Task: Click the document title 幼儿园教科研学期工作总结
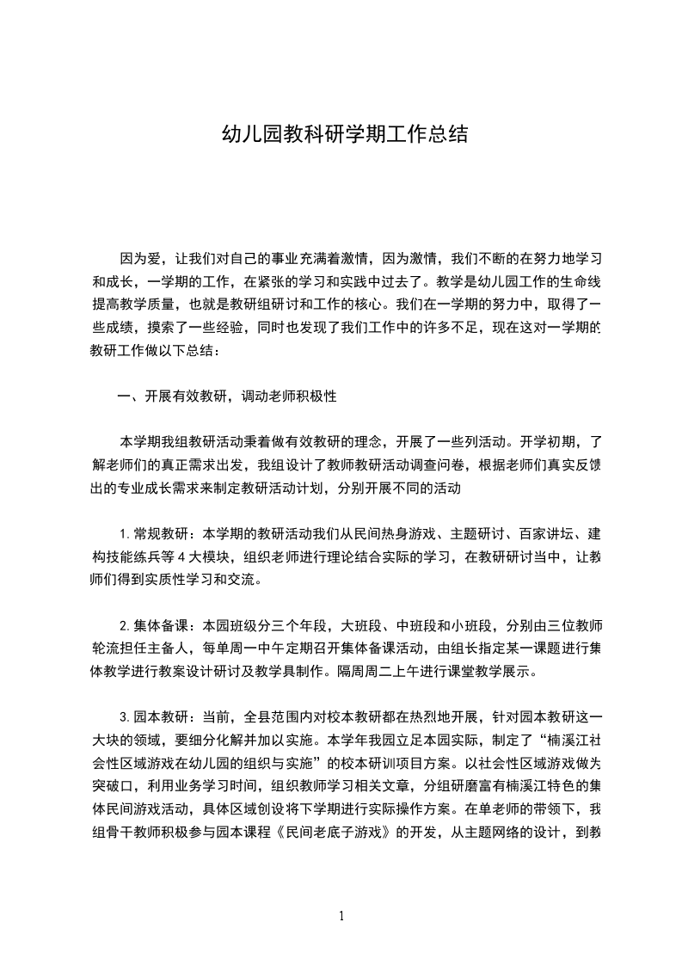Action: tap(344, 135)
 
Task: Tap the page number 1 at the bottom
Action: tap(341, 916)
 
